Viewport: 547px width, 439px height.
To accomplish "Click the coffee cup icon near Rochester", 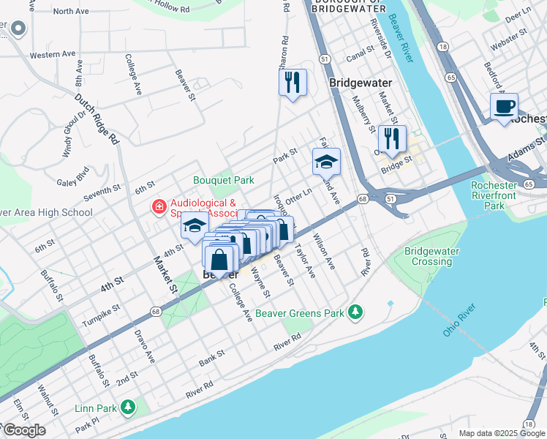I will (x=504, y=107).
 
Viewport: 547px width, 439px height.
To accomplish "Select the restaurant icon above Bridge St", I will (x=392, y=138).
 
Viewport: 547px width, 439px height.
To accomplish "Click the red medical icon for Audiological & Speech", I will (x=157, y=208).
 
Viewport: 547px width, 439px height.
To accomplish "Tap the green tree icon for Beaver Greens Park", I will (x=355, y=312).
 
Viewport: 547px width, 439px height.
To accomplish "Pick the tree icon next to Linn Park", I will (x=128, y=406).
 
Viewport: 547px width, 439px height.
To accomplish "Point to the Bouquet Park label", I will (x=223, y=180).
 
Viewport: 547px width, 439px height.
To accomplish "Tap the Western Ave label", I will (x=52, y=54).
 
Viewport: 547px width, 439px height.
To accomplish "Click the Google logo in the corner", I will (x=23, y=430).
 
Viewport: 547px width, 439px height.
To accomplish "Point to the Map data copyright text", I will (x=501, y=433).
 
